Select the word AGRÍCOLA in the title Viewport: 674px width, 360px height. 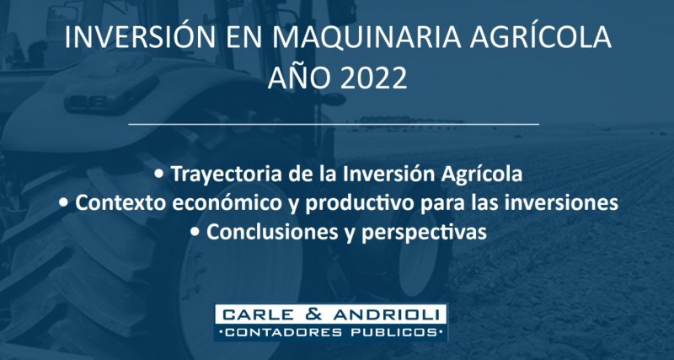(541, 37)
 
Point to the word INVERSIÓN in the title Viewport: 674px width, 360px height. (139, 37)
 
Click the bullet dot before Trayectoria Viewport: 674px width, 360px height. (160, 175)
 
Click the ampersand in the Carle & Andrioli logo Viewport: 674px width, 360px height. (315, 314)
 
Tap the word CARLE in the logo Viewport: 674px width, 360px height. (260, 314)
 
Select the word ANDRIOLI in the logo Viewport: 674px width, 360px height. (386, 314)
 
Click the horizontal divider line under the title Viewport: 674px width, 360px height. (334, 124)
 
